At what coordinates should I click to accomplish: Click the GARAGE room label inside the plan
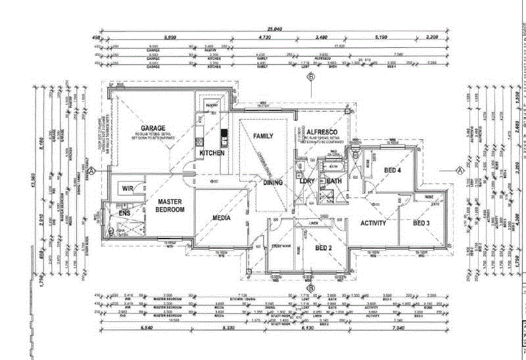(153, 128)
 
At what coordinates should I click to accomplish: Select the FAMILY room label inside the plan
(263, 135)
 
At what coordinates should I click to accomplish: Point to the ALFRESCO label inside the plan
(321, 132)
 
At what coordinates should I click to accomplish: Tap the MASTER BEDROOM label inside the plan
(170, 205)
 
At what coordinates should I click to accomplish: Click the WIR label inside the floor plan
(128, 189)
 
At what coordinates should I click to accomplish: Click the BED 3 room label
(421, 223)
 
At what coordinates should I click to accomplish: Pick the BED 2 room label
(322, 248)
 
